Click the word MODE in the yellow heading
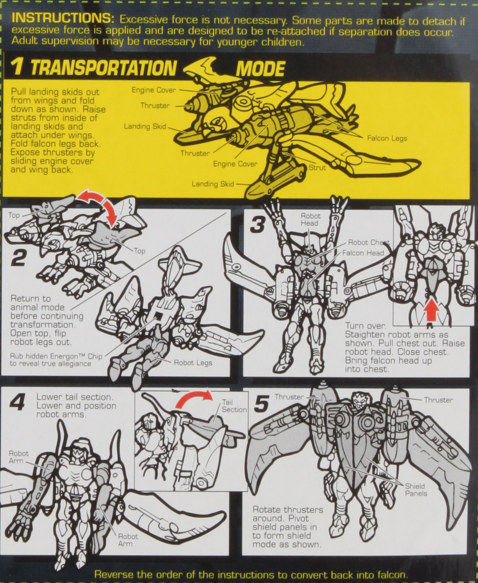260,68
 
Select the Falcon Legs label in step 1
387,138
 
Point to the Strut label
317,168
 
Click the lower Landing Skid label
213,184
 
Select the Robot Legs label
193,363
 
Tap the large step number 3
258,224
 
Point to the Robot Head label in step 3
310,220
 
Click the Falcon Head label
362,253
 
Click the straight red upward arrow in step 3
431,311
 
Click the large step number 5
261,404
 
